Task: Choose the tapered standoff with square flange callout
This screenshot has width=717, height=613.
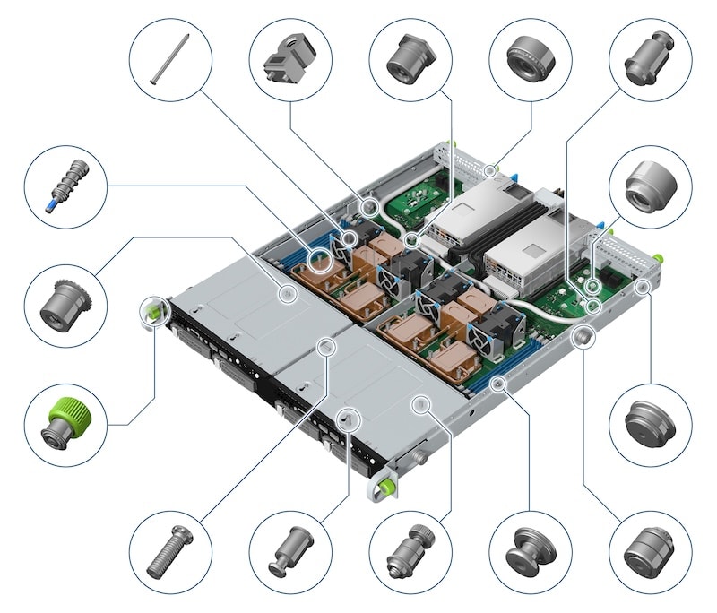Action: pos(410,60)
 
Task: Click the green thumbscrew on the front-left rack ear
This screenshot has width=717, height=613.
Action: pos(151,311)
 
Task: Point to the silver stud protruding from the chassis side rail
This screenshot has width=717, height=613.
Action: pos(581,336)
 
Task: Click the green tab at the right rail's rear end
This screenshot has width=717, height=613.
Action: pos(659,258)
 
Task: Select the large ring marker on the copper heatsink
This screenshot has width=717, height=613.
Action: pos(320,260)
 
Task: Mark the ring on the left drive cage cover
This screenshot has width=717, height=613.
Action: pos(288,292)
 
